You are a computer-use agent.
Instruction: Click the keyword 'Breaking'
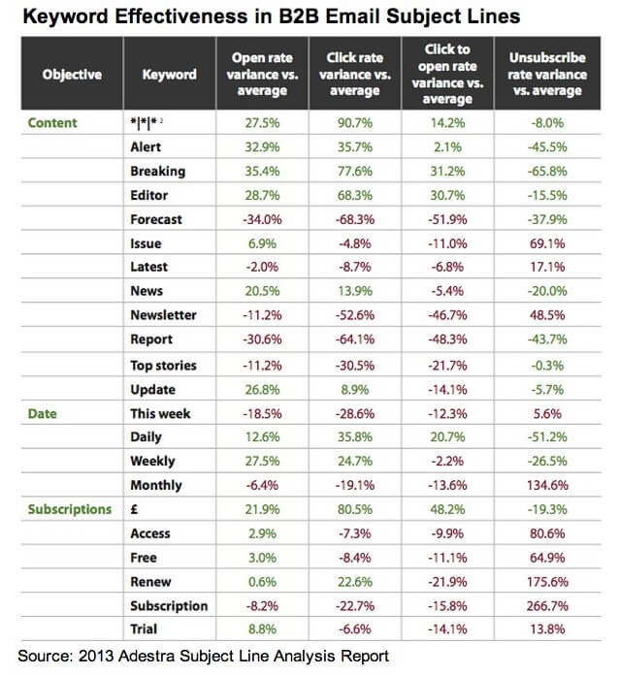pyautogui.click(x=157, y=172)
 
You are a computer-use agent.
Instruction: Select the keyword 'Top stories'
pyautogui.click(x=163, y=366)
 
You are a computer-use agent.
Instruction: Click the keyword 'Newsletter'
pyautogui.click(x=163, y=315)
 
